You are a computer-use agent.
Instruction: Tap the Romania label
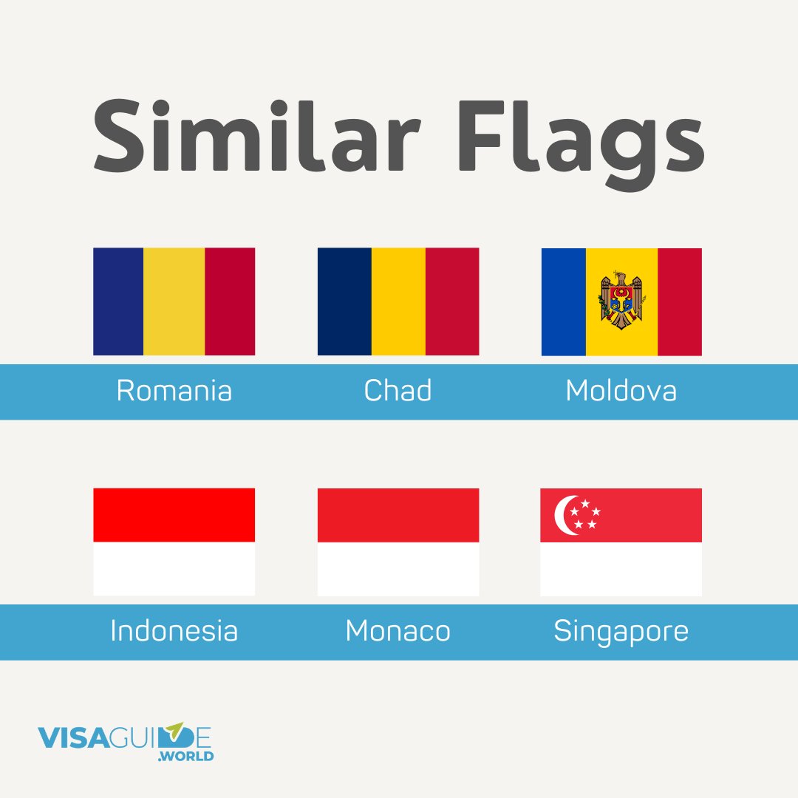tap(174, 391)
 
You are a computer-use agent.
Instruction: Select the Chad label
tap(398, 391)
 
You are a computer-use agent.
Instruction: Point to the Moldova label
tap(621, 391)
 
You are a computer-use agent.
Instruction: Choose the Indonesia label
tap(174, 631)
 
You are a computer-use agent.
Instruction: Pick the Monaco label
tap(398, 631)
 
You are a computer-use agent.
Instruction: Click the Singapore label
tap(621, 631)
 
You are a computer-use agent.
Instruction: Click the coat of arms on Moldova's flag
tap(621, 301)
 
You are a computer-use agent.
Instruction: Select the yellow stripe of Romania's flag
tap(174, 301)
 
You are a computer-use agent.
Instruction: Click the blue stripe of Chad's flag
tap(344, 301)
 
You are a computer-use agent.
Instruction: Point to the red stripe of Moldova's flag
tap(679, 301)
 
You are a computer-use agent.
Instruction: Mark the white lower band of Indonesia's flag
tap(174, 569)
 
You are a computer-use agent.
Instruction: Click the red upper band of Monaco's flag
tap(398, 515)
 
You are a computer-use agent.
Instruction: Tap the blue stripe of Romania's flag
tap(118, 301)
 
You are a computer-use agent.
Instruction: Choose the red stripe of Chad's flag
tap(452, 301)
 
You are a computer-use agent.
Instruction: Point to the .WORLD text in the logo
tap(188, 757)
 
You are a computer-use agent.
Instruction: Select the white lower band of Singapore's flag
tap(621, 569)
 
